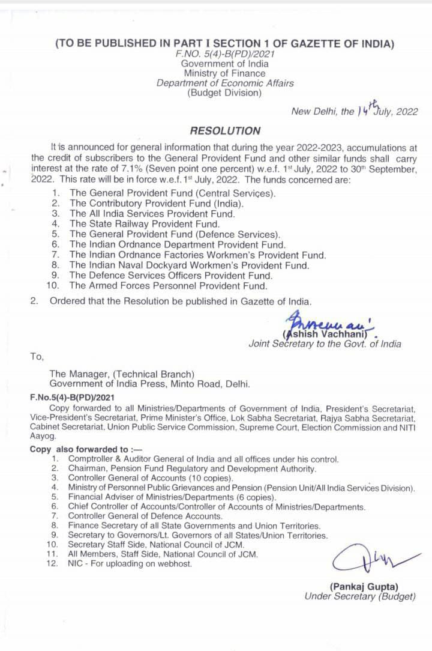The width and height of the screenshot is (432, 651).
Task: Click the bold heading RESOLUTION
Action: pos(225,130)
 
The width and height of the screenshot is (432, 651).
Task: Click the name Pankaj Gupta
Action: pos(364,586)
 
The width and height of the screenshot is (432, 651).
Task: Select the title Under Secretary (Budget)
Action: pos(359,596)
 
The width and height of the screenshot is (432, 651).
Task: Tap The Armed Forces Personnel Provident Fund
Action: pos(167,285)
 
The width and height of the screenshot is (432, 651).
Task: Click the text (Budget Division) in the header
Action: pos(224,92)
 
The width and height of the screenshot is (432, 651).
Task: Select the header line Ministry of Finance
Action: pos(224,73)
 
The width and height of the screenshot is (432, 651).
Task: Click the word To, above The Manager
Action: pos(37,356)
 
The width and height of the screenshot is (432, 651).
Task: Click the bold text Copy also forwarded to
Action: pos(79,449)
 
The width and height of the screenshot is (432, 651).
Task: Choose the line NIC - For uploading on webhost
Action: pos(130,564)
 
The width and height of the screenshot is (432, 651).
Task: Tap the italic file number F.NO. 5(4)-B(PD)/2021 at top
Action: pos(224,54)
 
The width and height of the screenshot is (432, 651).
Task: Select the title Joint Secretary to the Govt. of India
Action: pos(325,344)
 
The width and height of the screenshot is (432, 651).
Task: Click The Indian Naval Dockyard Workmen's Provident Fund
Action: pos(189,265)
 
